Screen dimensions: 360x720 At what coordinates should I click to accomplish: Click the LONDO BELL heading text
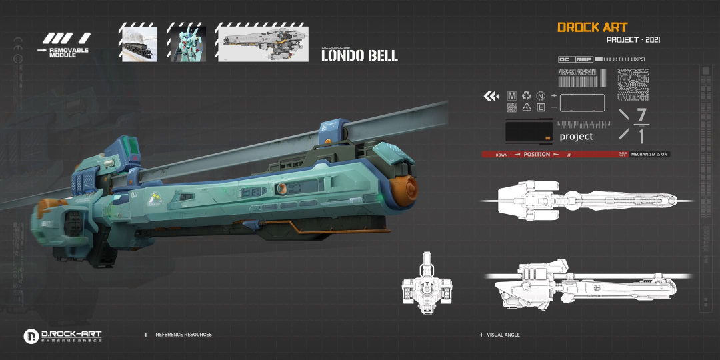359,56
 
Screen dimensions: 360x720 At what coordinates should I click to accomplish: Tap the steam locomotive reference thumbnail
138,44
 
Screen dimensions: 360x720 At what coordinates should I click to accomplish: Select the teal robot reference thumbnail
186,44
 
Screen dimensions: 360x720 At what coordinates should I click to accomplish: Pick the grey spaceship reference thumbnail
261,44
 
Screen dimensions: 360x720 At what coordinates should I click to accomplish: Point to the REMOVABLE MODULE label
68,52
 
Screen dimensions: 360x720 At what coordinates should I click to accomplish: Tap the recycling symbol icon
527,96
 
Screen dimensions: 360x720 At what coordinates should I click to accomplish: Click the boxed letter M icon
512,96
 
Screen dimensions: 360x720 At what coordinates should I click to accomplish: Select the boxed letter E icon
541,107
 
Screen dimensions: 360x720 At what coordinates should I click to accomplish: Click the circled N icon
541,96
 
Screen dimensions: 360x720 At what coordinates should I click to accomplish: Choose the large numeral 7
642,114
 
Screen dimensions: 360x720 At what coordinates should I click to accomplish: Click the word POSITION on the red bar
537,155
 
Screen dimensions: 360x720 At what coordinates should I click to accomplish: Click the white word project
576,137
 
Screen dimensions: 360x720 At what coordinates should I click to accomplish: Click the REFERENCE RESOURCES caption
183,335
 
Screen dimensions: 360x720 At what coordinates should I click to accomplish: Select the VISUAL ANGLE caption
503,335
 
